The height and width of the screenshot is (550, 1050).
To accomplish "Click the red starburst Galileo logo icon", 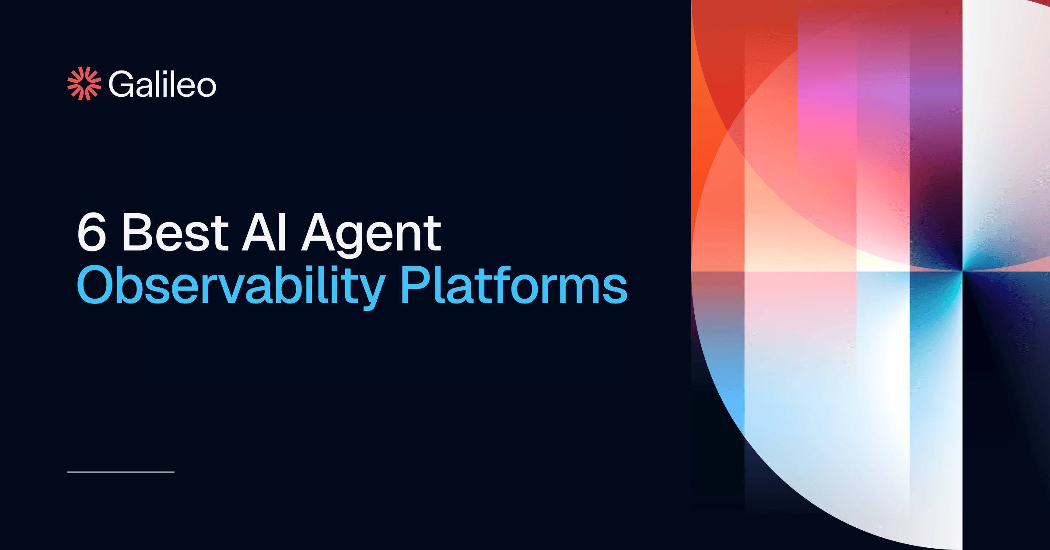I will pos(84,84).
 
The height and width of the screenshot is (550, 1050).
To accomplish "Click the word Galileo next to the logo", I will pos(162,84).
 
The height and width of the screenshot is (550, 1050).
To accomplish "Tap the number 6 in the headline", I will pos(92,232).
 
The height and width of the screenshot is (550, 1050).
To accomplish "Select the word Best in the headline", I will pos(175,232).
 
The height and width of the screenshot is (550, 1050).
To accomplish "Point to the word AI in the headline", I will pos(265,232).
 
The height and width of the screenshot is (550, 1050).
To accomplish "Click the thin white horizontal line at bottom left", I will pos(121,472).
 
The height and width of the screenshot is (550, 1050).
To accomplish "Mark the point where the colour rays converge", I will pos(962,271).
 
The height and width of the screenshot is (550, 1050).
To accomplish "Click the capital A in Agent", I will pos(319,232).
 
